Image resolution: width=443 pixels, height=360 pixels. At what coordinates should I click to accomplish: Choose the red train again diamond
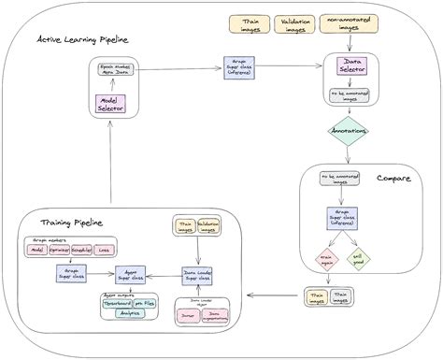click(x=327, y=258)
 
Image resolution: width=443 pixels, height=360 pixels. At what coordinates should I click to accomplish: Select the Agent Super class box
click(x=131, y=276)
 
